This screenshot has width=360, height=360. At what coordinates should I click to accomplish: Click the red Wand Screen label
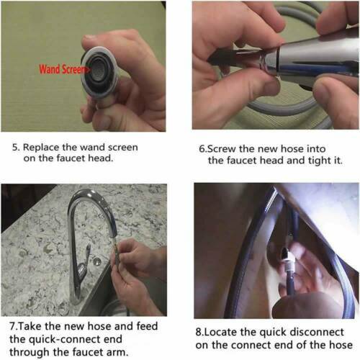point(63,69)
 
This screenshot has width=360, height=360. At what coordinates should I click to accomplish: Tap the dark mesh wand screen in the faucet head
point(99,69)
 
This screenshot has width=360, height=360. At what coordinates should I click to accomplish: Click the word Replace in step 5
point(41,148)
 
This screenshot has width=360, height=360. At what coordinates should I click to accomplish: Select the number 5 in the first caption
point(15,148)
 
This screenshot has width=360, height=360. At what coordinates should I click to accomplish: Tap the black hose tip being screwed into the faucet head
point(217,58)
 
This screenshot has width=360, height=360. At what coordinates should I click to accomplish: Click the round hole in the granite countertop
point(97,261)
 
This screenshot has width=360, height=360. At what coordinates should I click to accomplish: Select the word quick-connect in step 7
point(66,340)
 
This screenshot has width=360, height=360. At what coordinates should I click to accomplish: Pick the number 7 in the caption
point(12,326)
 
